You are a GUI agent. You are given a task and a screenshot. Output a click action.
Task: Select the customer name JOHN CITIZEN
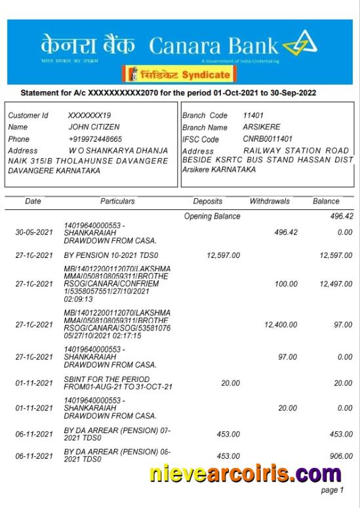click(94, 127)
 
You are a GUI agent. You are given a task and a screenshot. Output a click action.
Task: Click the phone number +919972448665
click(95, 139)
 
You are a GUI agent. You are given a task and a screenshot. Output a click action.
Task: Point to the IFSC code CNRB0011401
click(268, 139)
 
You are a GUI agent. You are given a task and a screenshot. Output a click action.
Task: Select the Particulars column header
click(118, 201)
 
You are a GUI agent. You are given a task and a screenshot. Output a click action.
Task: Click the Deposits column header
click(207, 201)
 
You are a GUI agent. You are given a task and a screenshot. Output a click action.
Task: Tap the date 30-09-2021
click(34, 232)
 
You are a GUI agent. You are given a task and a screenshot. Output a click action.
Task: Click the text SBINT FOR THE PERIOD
click(106, 379)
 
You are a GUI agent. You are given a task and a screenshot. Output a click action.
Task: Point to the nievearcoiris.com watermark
click(245, 473)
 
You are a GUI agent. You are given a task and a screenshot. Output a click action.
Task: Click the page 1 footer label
click(331, 490)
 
